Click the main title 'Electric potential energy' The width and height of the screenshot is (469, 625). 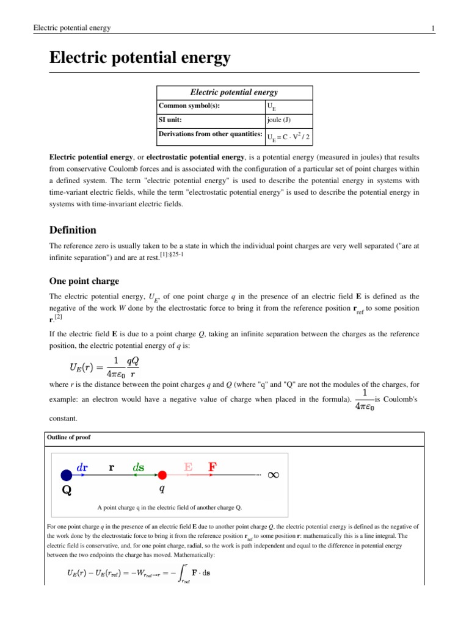pos(140,58)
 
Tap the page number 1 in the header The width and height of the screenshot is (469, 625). pos(432,28)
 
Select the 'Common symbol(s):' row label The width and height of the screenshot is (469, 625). pos(188,106)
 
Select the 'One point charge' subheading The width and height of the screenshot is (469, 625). pos(84,281)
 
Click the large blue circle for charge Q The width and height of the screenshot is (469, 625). pos(66,475)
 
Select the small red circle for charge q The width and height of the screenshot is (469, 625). pos(162,475)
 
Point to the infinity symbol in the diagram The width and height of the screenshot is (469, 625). pos(274,475)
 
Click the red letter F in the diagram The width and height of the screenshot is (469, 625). pos(212,467)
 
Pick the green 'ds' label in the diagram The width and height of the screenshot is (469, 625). pos(138,467)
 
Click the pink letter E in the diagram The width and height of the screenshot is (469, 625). pos(189,467)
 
